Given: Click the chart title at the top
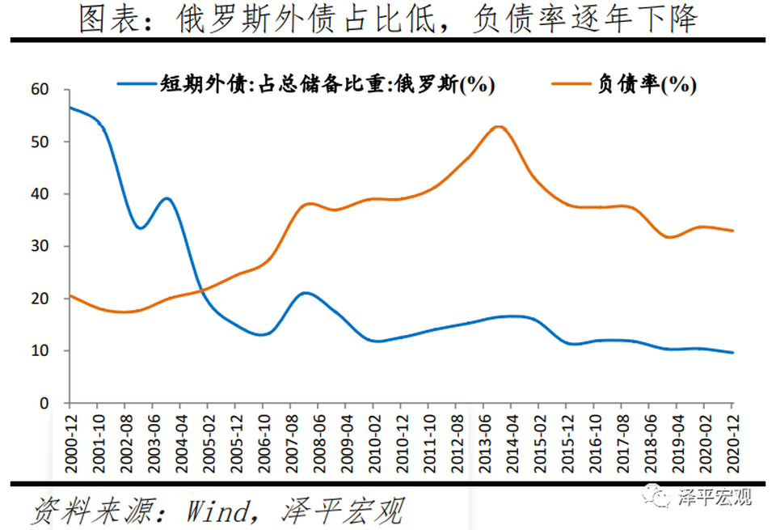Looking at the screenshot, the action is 388,19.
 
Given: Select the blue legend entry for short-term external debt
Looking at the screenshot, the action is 306,84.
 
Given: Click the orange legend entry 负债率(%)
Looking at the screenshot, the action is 624,84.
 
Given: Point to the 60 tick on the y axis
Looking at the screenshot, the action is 40,90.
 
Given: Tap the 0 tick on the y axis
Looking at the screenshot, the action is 44,404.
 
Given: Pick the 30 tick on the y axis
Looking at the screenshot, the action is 40,246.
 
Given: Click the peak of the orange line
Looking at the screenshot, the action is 499,127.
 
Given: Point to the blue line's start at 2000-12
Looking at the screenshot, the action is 70,107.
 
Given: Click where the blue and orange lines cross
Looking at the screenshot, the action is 201,290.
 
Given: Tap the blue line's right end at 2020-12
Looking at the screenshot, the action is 733,353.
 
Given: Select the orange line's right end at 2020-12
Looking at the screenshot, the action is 733,231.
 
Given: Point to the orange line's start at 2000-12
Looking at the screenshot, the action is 70,295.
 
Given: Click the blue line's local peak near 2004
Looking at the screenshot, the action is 167,199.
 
